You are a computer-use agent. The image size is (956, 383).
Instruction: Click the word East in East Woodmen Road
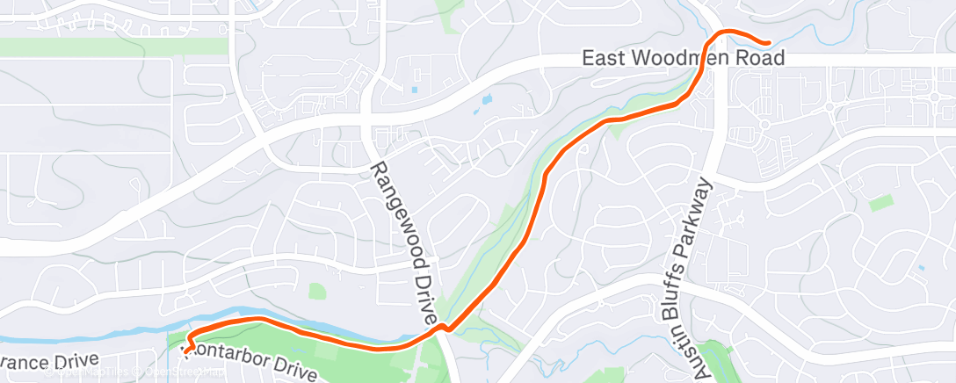602,59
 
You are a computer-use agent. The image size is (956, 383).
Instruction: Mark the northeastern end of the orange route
768,41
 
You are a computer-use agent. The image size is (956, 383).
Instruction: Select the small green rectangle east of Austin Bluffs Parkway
880,204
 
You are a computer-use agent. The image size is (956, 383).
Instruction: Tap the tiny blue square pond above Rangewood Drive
414,89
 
